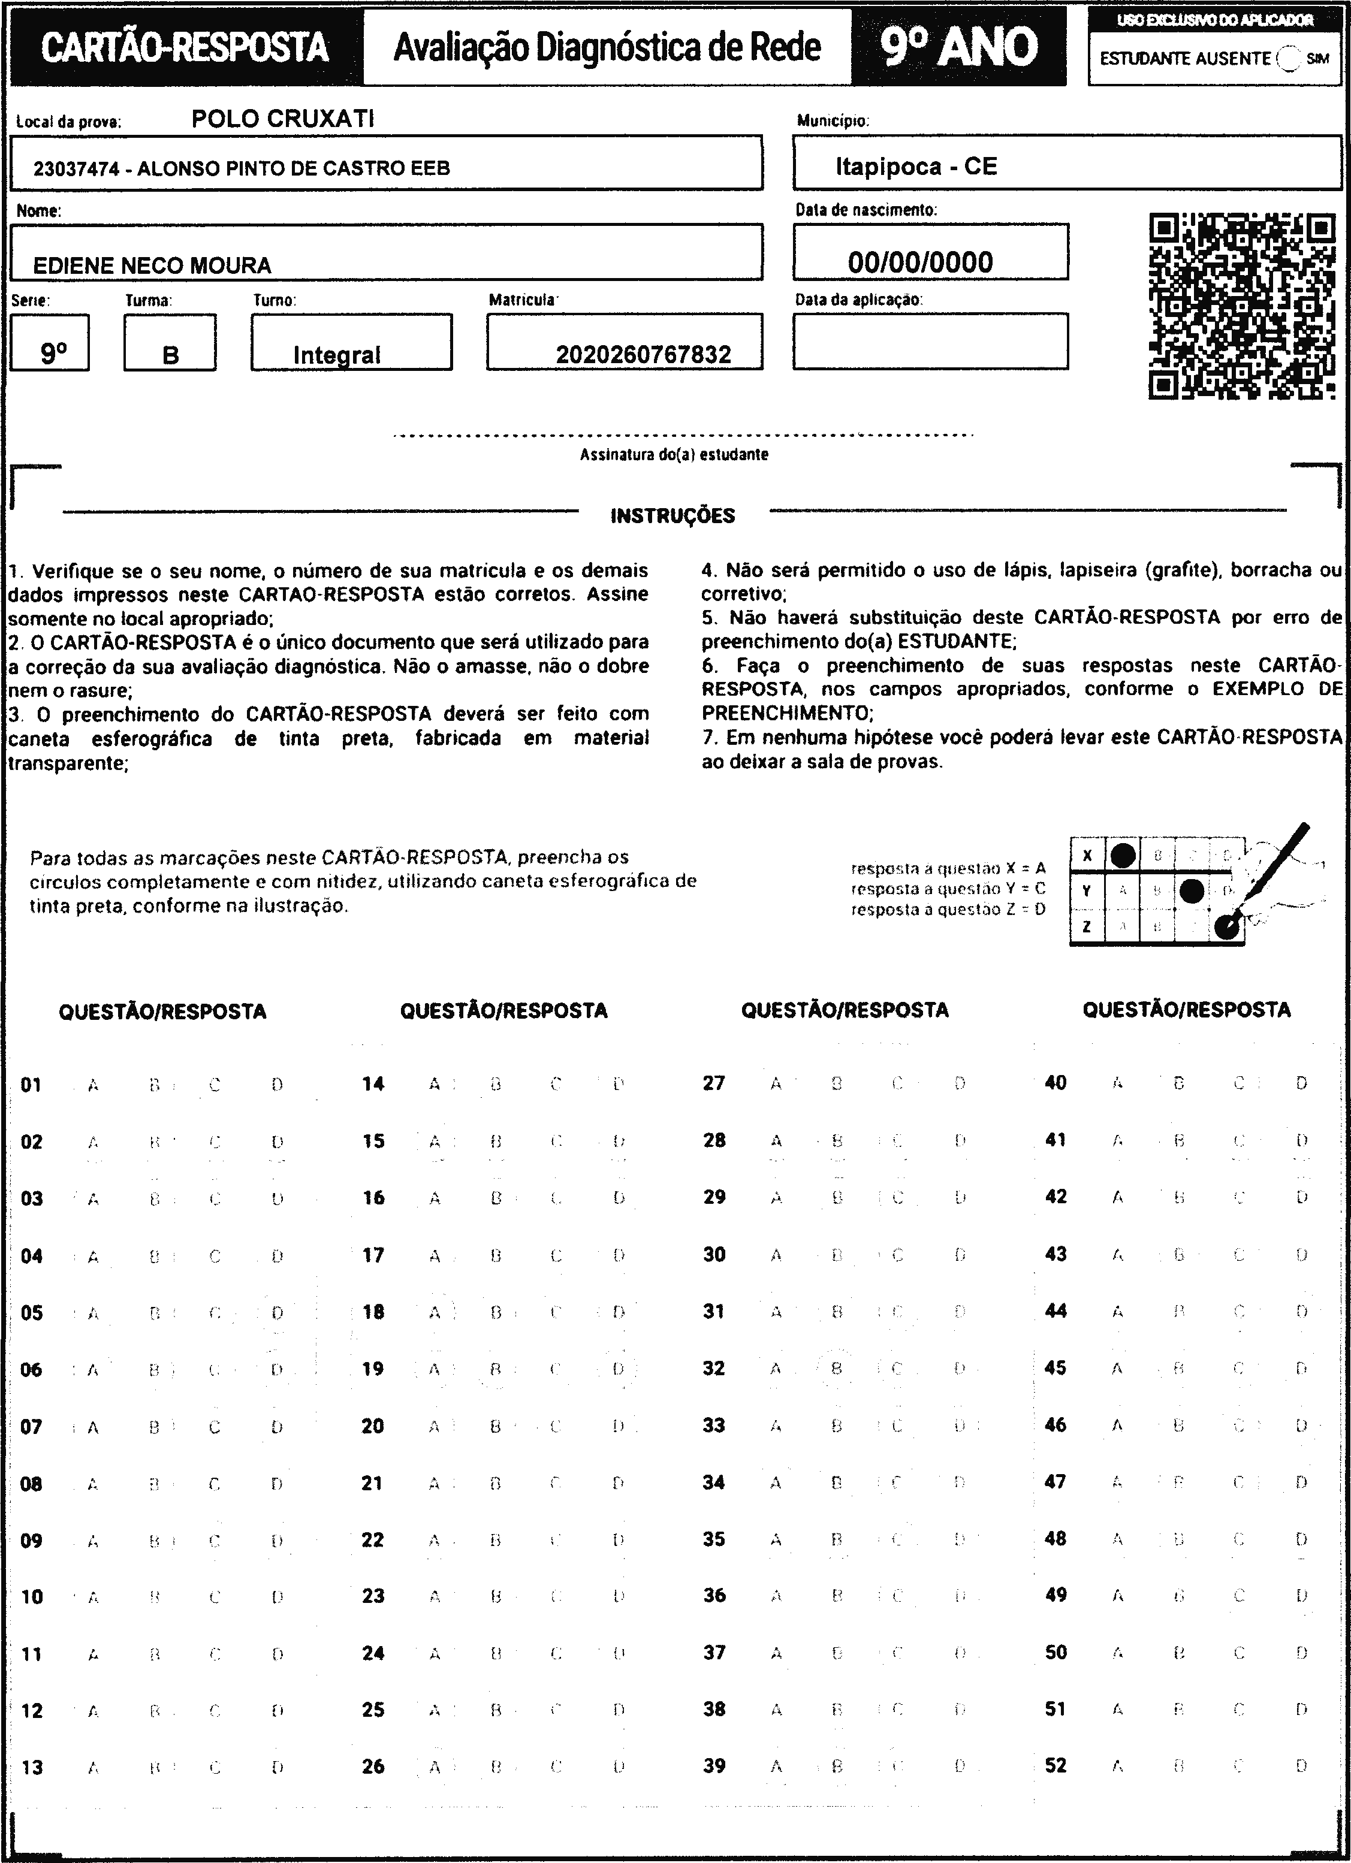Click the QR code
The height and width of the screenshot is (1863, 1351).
pos(1241,306)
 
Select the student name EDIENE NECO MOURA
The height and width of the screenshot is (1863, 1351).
pos(152,265)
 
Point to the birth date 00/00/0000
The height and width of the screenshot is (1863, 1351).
pos(921,262)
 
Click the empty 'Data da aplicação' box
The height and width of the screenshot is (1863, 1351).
pos(930,341)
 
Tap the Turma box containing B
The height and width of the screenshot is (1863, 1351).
pos(170,344)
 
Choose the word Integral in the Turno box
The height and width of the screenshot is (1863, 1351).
pos(337,355)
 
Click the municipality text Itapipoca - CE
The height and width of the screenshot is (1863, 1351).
pos(916,167)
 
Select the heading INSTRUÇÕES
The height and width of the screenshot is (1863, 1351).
pos(673,516)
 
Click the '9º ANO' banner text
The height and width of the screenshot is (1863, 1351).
pos(958,46)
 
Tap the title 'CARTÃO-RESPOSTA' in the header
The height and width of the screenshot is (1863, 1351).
pos(185,47)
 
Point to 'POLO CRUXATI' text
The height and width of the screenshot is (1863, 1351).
pos(283,119)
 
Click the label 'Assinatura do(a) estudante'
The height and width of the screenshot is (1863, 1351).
pos(674,454)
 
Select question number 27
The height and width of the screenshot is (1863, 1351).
pos(714,1083)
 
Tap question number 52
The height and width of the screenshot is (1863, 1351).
pos(1055,1765)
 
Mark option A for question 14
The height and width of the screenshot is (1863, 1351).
pos(434,1084)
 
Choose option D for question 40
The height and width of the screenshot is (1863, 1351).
pos(1301,1083)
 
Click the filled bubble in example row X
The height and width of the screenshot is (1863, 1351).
pos(1123,855)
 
